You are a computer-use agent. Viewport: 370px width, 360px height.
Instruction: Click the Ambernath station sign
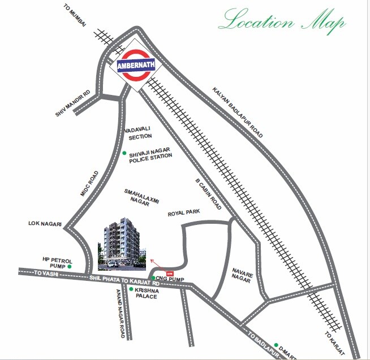[134, 65]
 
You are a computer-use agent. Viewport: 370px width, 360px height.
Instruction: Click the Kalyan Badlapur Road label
[238, 113]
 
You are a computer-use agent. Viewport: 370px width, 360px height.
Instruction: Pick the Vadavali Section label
[140, 133]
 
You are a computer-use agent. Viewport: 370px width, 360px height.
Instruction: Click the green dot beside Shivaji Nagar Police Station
[124, 153]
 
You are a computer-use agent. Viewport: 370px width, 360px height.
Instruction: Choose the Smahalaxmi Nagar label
[139, 197]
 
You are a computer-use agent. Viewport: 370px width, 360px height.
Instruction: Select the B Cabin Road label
[208, 195]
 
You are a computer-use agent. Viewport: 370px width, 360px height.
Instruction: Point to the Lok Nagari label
[45, 224]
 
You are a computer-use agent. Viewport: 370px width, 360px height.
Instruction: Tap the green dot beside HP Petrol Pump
[70, 266]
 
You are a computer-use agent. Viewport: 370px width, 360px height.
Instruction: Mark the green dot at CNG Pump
[153, 277]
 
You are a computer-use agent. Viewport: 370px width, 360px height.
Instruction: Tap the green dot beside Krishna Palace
[131, 289]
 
